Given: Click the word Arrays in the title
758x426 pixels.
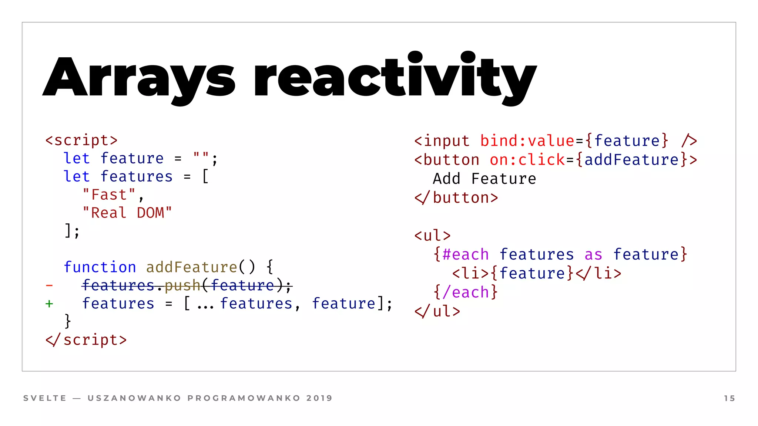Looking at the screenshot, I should pos(139,78).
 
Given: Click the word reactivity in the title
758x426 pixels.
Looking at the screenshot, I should pos(395,78).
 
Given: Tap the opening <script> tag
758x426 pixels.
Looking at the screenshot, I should pos(81,141).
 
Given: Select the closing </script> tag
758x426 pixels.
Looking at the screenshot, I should pos(86,340).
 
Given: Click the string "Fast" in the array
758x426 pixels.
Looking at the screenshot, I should pos(109,195).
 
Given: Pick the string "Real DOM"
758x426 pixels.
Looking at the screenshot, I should pos(127,213).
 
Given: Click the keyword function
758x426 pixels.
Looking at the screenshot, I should pos(100,267).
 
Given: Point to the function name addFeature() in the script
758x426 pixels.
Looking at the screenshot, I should pos(200,267).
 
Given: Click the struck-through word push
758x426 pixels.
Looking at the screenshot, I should pos(182,285).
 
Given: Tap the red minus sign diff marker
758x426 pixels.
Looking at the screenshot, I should pos(49,285).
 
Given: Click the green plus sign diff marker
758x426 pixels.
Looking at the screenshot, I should pos(49,304).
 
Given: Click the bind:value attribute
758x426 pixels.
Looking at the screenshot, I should pos(527,141).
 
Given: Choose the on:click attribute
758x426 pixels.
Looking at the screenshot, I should pos(527,160).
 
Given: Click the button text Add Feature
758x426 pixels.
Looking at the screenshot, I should pos(484,179).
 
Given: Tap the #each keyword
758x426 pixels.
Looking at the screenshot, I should pos(466,254).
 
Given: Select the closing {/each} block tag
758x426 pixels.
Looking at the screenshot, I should pos(465,293).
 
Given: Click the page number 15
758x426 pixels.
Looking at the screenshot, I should pos(729,398).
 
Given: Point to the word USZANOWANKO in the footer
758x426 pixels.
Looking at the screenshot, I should pos(134,398).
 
